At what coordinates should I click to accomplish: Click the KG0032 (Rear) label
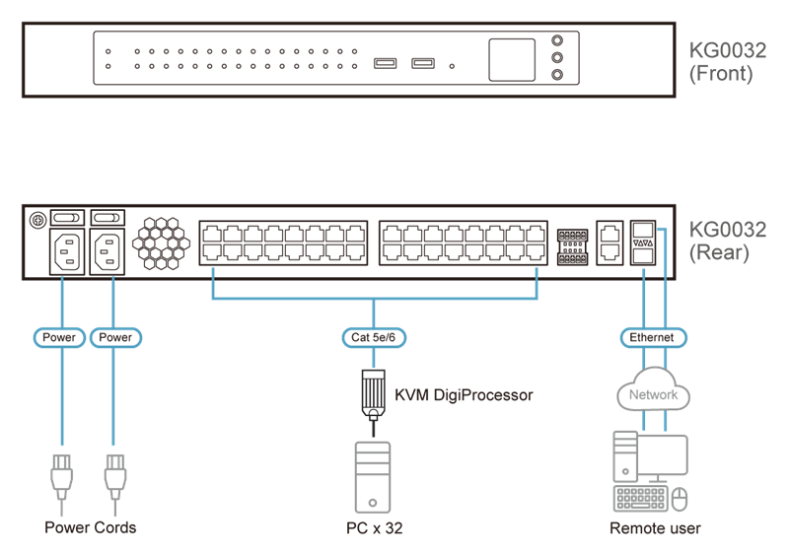coord(728,241)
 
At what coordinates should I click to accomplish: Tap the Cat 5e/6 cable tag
coord(374,338)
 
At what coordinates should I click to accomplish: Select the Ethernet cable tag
coord(652,338)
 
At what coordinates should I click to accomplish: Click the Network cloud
coord(653,394)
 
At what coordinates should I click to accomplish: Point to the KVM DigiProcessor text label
coord(464,395)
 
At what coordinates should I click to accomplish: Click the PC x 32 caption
coord(374,528)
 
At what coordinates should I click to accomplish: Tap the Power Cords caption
coord(91,527)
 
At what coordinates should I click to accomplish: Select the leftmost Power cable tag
coord(59,338)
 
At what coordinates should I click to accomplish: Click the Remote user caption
coord(655,528)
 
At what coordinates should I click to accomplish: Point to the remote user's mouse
coord(680,500)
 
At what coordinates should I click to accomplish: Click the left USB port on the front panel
coord(386,65)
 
